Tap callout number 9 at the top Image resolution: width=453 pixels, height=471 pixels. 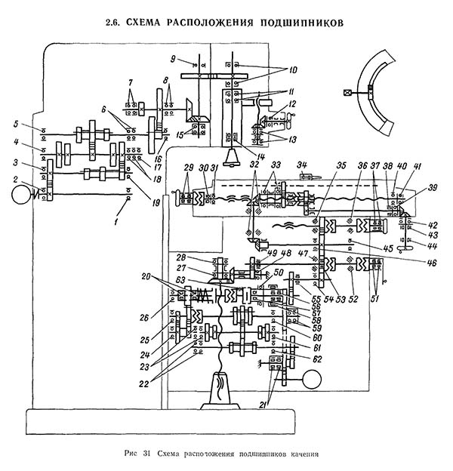click(173, 59)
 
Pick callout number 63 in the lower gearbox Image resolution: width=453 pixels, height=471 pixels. click(182, 279)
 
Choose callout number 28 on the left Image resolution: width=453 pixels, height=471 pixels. click(182, 257)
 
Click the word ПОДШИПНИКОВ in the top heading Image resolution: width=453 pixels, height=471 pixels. click(299, 23)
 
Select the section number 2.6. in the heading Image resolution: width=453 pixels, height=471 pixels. click(119, 23)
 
